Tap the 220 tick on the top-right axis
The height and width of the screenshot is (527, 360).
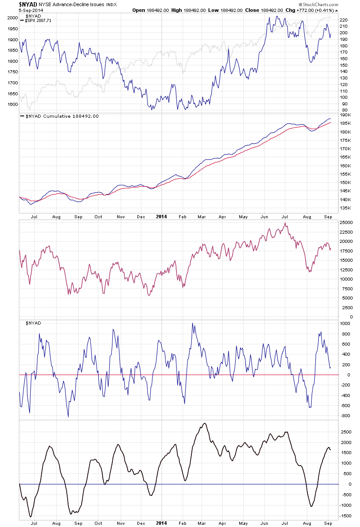344,20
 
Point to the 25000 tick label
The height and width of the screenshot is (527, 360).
346,223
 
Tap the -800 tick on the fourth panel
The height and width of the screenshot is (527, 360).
345,415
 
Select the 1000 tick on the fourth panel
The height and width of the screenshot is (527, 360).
345,323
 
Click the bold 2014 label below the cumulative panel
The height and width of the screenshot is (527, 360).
162,217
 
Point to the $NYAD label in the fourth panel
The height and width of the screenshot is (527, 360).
34,323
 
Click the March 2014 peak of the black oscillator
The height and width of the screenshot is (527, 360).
204,423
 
